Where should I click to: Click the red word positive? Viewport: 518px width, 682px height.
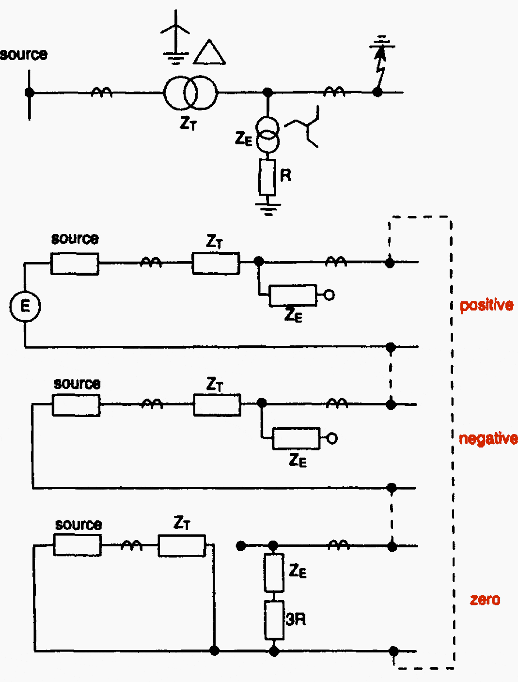click(486, 305)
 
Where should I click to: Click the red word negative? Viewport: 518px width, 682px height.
click(487, 438)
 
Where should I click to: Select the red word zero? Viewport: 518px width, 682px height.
click(485, 600)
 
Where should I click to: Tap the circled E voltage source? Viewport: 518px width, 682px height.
click(25, 306)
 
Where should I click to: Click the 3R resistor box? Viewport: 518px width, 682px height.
click(274, 620)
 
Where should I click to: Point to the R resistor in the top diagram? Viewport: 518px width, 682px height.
click(267, 177)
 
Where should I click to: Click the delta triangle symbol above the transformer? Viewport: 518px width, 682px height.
click(209, 53)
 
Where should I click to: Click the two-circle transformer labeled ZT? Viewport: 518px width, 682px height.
click(190, 93)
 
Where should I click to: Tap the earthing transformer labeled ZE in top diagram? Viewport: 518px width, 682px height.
click(267, 135)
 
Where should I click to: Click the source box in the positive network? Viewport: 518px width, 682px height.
click(75, 264)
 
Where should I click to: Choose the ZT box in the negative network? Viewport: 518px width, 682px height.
click(217, 405)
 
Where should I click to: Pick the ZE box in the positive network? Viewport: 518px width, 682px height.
click(293, 295)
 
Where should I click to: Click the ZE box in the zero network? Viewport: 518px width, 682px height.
click(274, 573)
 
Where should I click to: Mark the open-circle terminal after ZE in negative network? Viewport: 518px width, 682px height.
click(332, 438)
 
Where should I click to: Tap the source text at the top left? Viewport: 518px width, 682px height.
click(24, 54)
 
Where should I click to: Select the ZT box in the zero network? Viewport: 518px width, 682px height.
click(182, 546)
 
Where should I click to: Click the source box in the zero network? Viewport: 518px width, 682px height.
click(78, 545)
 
